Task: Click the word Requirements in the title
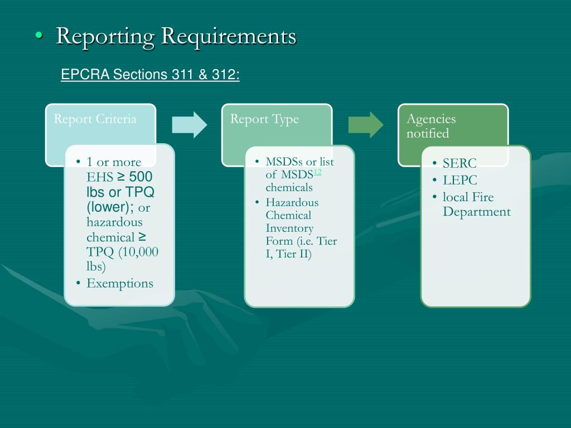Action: [229, 36]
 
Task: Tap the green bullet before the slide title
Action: [38, 36]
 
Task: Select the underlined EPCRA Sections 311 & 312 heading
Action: [150, 75]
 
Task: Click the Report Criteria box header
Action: [95, 119]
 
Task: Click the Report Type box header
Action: [264, 119]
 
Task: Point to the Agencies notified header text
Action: [431, 126]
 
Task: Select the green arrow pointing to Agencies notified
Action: [366, 124]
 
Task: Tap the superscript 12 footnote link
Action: [317, 172]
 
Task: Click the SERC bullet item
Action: [459, 163]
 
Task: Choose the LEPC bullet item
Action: [460, 180]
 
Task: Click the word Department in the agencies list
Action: [476, 212]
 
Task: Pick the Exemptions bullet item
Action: [119, 283]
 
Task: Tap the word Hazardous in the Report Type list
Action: [292, 202]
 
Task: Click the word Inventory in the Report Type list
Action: [289, 228]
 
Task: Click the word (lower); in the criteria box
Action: [110, 207]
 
